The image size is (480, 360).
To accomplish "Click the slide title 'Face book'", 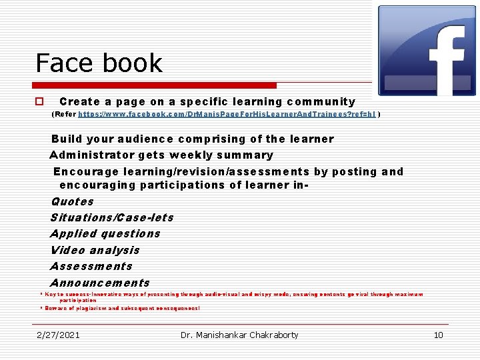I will coord(99,63).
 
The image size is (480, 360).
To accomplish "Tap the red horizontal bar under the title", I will coord(156,85).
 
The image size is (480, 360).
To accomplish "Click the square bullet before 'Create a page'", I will coord(39,102).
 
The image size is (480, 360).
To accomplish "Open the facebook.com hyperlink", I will coord(227,115).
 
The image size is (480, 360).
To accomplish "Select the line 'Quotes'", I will coord(72,201).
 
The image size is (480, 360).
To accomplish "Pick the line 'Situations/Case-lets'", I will coord(111,217).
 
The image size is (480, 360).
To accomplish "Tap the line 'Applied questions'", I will coord(105,233).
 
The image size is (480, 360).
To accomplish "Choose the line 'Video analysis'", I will coord(95,250).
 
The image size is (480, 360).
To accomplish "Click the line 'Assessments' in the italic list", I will coord(91,266).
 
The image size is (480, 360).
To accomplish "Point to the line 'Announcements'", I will coord(100,283).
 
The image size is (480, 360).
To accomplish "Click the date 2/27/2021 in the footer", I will coord(58,335).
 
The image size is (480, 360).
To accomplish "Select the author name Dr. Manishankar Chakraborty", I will coord(239,335).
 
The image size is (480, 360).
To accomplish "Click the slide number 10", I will coord(438,335).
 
